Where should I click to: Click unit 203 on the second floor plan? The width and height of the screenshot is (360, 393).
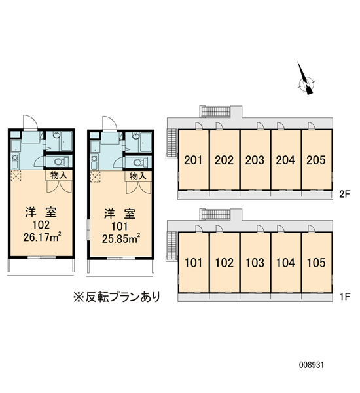click(255, 160)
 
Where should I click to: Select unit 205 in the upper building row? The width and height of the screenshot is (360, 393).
click(316, 160)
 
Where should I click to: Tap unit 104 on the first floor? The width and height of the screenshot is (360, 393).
click(286, 263)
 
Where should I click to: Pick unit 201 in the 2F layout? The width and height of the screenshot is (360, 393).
click(193, 160)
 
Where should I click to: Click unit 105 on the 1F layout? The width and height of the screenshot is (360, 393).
click(316, 263)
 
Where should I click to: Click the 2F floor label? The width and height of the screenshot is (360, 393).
click(344, 194)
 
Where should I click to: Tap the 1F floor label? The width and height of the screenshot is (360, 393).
click(345, 297)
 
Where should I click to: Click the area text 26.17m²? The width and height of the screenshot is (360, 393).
click(43, 237)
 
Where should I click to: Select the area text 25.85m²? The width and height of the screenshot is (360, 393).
click(120, 238)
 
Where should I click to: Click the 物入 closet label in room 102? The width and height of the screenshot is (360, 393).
click(59, 175)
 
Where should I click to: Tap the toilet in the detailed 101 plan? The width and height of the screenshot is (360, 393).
click(139, 162)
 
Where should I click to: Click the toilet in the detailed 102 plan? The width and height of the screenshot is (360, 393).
click(60, 161)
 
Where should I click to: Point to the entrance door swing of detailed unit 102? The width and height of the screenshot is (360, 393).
click(30, 122)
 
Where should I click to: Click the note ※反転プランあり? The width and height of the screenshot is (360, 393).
click(117, 297)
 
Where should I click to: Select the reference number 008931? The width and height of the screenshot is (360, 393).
click(312, 365)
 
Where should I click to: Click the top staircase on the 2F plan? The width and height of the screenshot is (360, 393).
click(215, 111)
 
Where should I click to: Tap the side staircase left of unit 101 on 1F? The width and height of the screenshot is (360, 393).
click(172, 246)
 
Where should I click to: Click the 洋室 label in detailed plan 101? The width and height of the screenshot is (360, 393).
click(120, 214)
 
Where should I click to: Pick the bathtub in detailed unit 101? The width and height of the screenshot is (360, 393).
click(146, 142)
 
